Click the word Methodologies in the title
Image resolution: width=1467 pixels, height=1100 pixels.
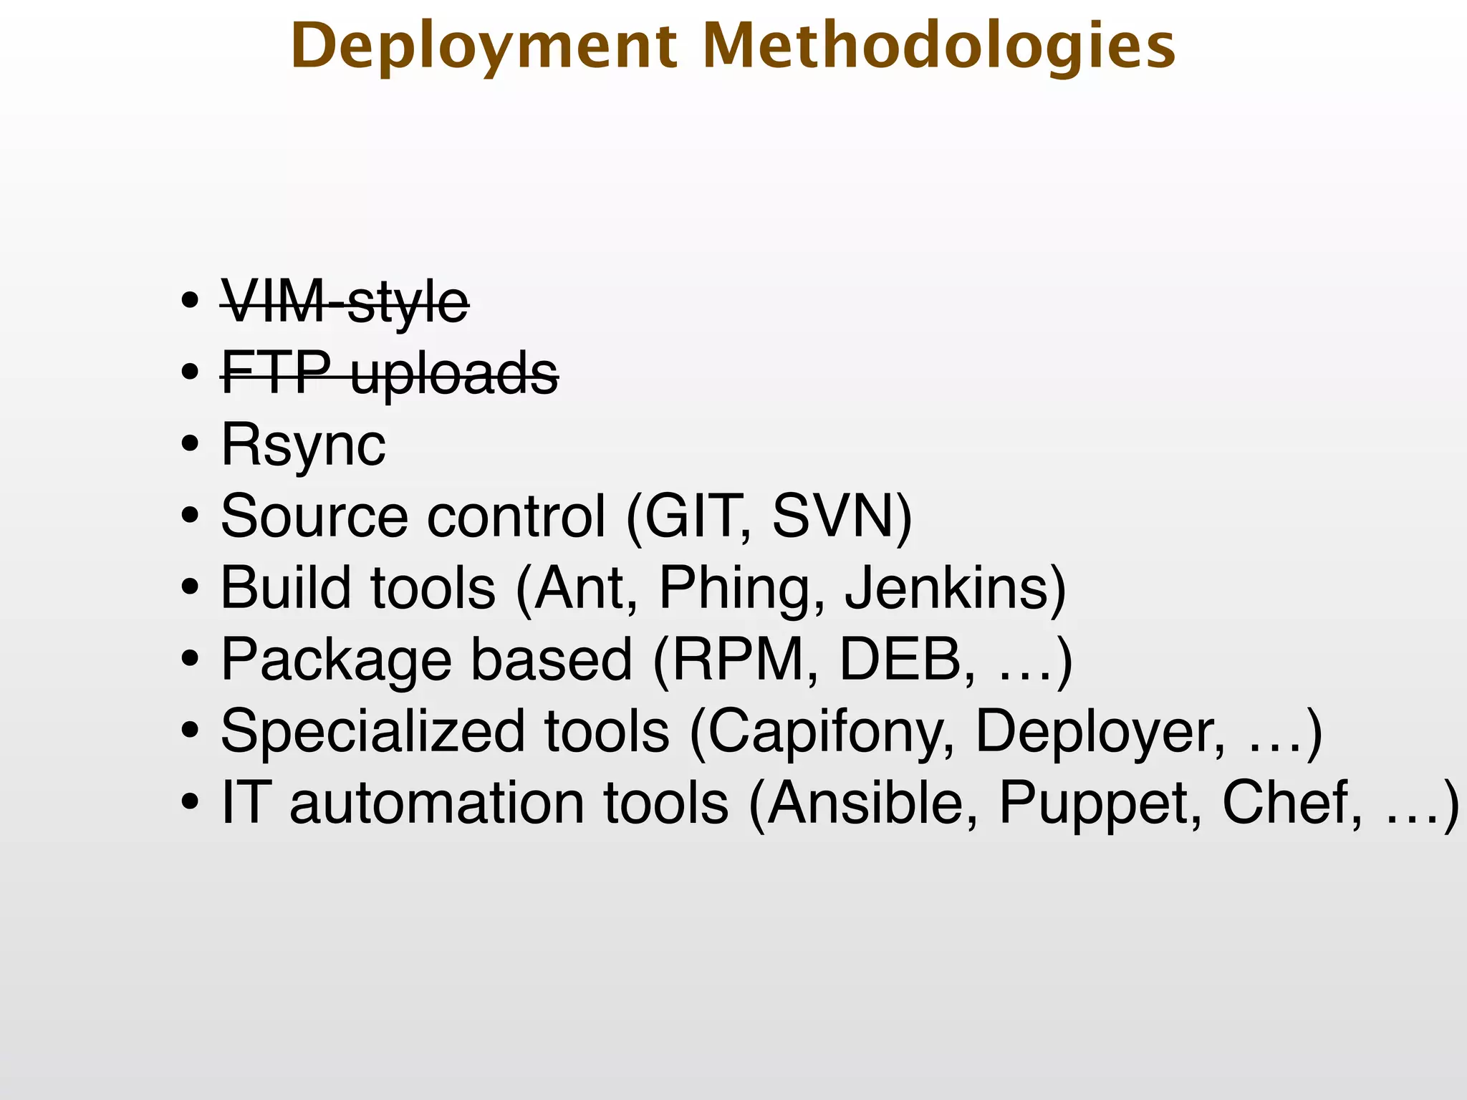click(939, 47)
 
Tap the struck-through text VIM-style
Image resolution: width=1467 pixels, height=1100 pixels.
click(345, 302)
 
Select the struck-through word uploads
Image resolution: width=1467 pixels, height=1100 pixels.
click(454, 374)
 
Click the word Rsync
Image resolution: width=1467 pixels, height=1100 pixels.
click(303, 445)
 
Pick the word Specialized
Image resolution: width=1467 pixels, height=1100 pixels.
click(372, 732)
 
